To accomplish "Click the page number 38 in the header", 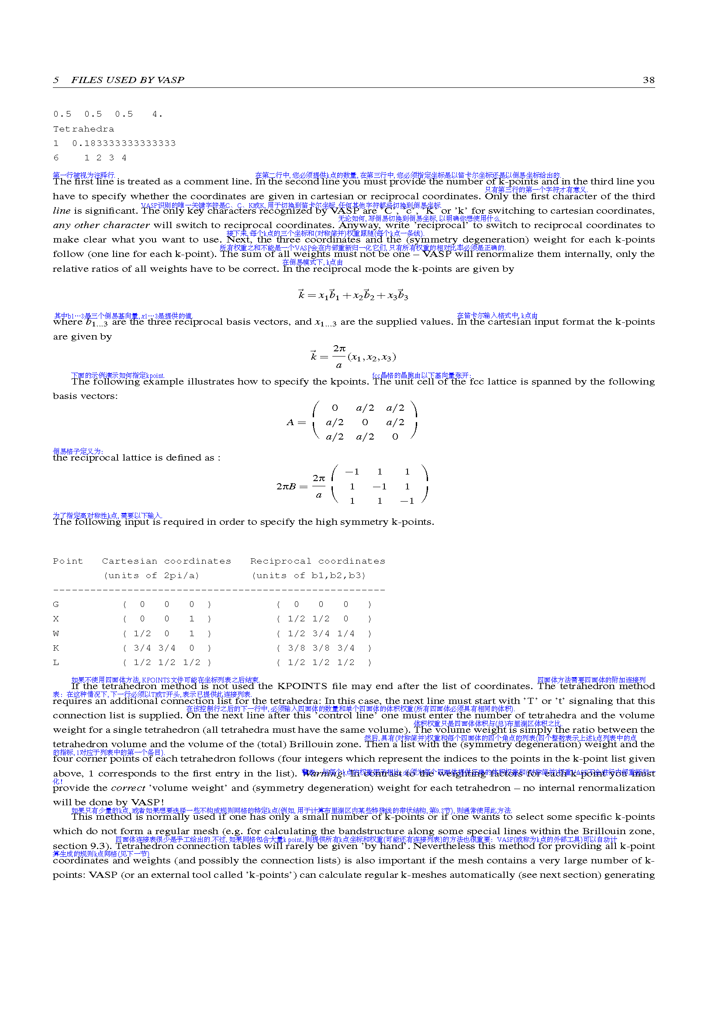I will (x=649, y=80).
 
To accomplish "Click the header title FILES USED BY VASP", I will (x=127, y=80).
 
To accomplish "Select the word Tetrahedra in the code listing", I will (x=83, y=129).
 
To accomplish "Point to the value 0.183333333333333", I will (x=124, y=143).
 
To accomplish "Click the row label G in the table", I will (x=56, y=604).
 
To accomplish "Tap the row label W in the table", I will (x=56, y=634).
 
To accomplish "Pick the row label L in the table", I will (x=56, y=662).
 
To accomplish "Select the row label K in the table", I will (x=56, y=648).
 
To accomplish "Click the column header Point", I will (x=68, y=561).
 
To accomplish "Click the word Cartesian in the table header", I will (x=129, y=561).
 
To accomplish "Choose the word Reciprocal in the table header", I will (x=280, y=561).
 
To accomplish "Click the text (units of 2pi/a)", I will (x=151, y=575).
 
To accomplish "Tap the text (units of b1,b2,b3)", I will (x=309, y=575).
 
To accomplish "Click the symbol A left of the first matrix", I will (x=290, y=423).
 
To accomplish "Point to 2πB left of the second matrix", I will (x=286, y=486).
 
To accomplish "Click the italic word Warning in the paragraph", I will (x=322, y=774).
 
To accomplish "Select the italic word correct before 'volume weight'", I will (x=128, y=788).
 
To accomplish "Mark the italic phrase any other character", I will (x=101, y=225).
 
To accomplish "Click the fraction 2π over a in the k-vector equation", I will (x=339, y=357).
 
